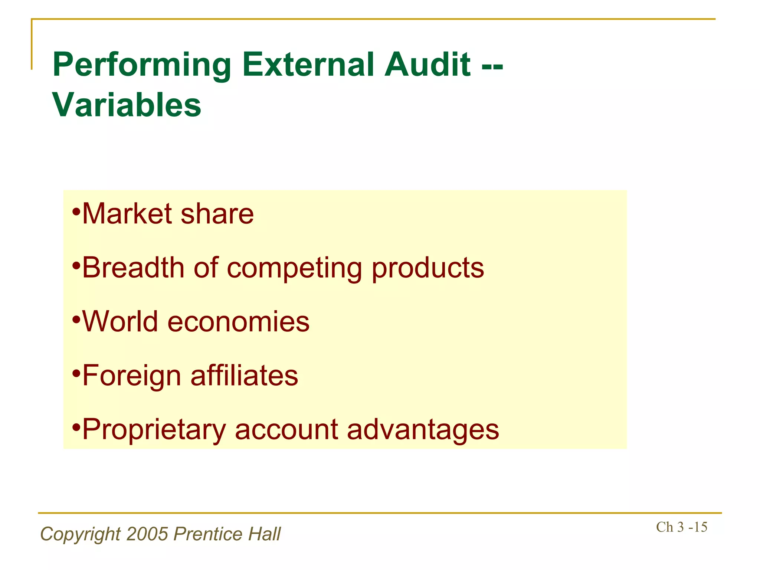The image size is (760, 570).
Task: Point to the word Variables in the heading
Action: tap(127, 105)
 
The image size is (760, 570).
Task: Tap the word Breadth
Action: tap(133, 268)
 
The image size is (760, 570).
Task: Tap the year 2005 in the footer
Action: tap(147, 534)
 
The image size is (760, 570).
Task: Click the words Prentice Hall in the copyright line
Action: tap(227, 534)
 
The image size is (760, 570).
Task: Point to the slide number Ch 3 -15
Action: tap(681, 527)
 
